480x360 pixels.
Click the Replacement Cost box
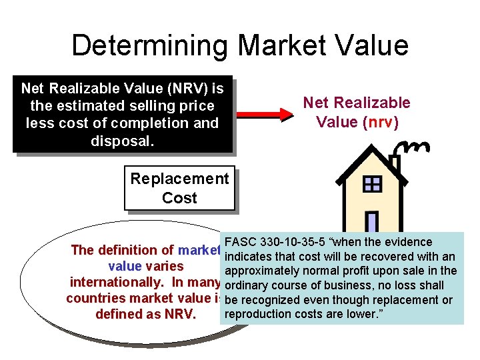(x=179, y=189)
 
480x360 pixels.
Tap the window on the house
(x=371, y=184)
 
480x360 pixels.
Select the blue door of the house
(x=372, y=223)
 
